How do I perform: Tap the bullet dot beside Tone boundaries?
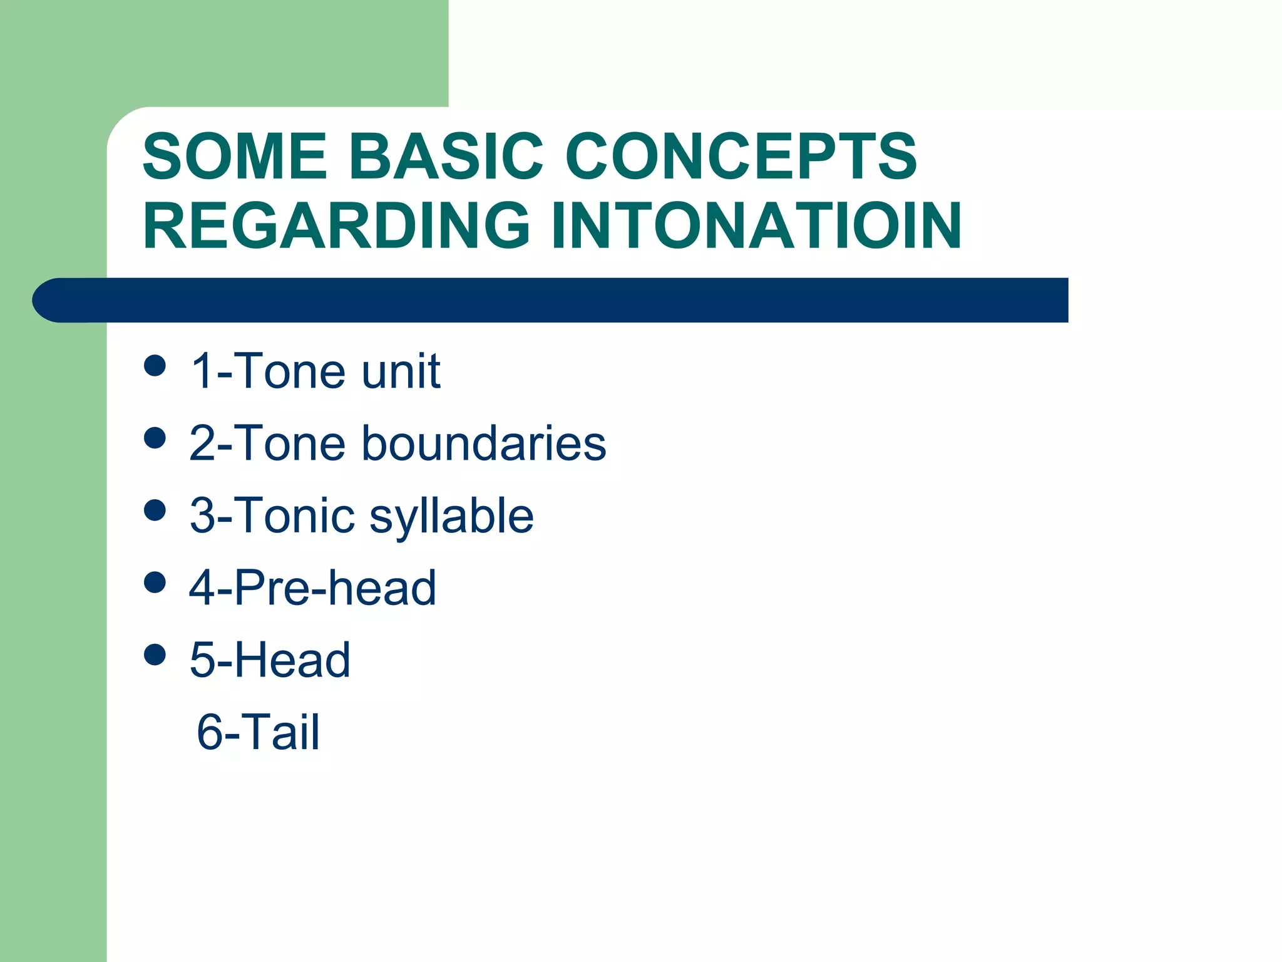pos(155,438)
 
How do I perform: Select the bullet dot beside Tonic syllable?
pos(155,510)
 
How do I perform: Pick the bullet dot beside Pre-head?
pos(155,582)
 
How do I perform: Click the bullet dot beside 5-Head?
pos(155,654)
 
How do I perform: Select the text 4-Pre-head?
pos(312,588)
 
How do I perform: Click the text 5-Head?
pos(270,660)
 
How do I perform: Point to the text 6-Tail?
pos(258,732)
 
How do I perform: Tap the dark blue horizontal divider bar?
pos(551,300)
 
